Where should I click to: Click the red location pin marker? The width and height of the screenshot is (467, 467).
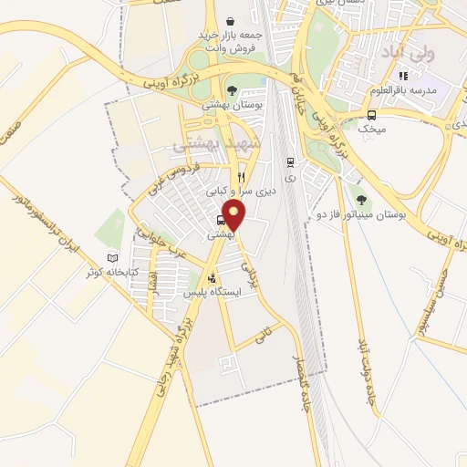pyautogui.click(x=234, y=216)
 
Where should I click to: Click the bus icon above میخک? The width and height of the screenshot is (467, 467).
pyautogui.click(x=372, y=115)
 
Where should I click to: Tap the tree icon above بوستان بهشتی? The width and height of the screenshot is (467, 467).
pyautogui.click(x=233, y=91)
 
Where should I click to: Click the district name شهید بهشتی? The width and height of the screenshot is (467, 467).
pyautogui.click(x=217, y=146)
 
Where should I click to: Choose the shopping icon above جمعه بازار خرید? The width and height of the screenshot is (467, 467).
pyautogui.click(x=230, y=19)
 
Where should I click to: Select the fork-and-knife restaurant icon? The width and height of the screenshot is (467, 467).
pyautogui.click(x=242, y=176)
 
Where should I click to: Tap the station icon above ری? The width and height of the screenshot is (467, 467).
pyautogui.click(x=290, y=162)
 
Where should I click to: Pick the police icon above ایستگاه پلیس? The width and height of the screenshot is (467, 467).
pyautogui.click(x=213, y=278)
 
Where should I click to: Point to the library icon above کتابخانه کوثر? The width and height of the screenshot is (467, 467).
pyautogui.click(x=113, y=258)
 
